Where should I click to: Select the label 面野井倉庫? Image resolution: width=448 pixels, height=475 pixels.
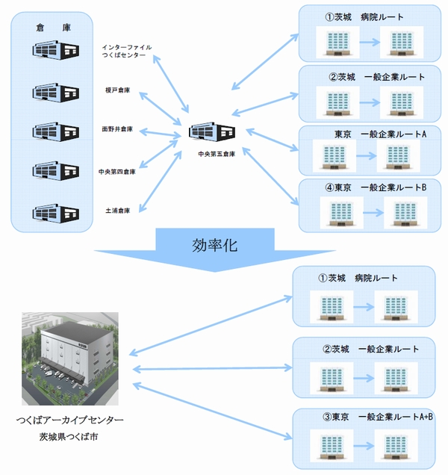coord(118,129)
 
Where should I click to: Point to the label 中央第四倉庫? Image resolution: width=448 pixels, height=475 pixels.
coord(117,171)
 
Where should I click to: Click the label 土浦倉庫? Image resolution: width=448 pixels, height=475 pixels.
coord(118,211)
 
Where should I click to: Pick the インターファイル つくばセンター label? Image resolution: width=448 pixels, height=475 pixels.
coord(126,52)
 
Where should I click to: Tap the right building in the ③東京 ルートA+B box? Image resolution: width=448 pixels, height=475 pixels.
coord(396,446)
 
